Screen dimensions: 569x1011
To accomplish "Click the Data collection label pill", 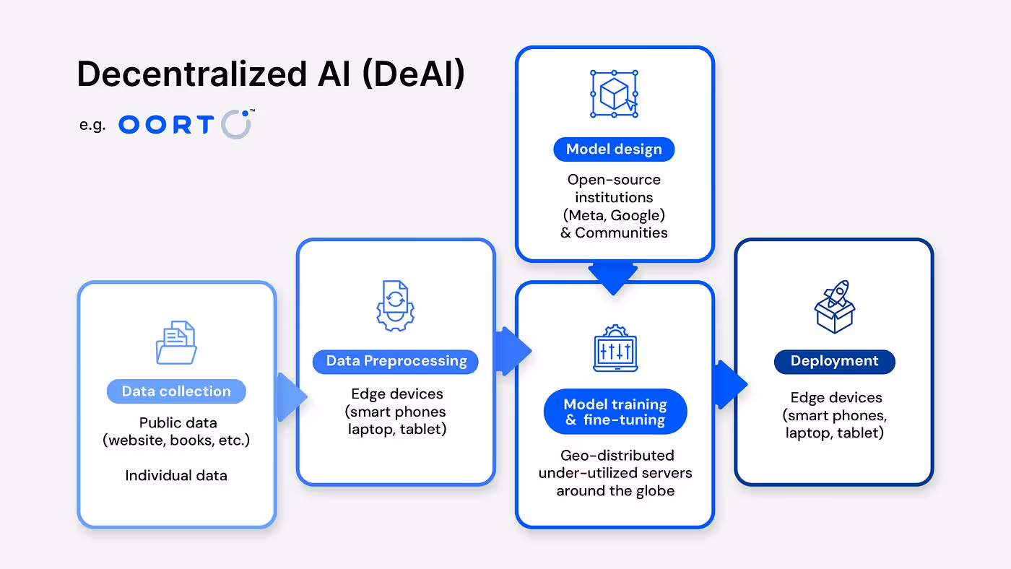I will pos(176,391).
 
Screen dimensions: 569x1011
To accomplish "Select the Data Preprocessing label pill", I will pos(396,361).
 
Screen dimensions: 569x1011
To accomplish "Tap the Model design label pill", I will pos(614,149).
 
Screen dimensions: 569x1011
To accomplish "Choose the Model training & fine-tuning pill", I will pos(615,412).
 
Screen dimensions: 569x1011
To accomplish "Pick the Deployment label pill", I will pos(834,361).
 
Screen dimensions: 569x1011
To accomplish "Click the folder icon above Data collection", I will pos(176,342).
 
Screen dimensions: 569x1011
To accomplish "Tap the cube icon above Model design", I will pos(614,93).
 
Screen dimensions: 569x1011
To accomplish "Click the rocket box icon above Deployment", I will pos(834,306).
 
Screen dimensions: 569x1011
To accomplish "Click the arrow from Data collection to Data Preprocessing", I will pos(291,396).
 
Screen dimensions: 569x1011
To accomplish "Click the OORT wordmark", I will pos(166,125).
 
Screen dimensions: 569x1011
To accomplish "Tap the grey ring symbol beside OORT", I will pos(235,124).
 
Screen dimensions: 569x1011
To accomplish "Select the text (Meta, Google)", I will pos(614,214).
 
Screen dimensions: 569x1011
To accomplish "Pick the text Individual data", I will pos(176,475).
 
